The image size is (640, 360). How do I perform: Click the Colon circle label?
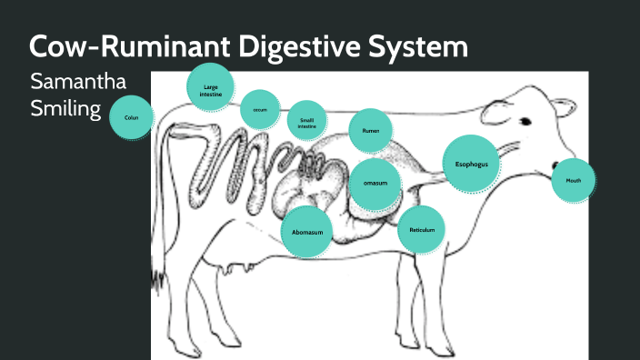(x=132, y=118)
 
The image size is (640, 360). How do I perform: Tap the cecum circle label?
(x=259, y=109)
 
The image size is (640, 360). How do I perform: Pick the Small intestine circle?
(x=307, y=121)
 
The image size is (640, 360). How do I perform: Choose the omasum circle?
(x=375, y=183)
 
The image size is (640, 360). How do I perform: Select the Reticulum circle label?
(x=422, y=229)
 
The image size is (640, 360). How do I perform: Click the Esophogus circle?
(x=472, y=164)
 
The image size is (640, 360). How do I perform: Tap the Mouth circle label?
(x=574, y=180)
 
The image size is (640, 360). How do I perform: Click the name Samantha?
(x=77, y=82)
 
